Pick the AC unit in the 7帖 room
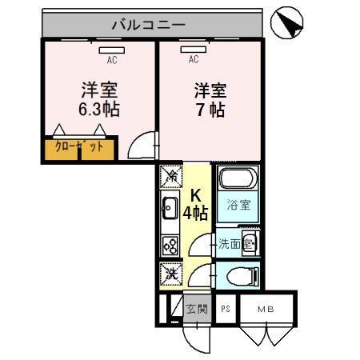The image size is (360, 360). [x=194, y=50]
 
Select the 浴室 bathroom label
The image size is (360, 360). [x=238, y=204]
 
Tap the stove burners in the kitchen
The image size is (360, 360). [x=170, y=246]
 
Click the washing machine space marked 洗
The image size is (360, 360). [x=170, y=274]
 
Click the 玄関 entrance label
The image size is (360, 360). [x=198, y=308]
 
